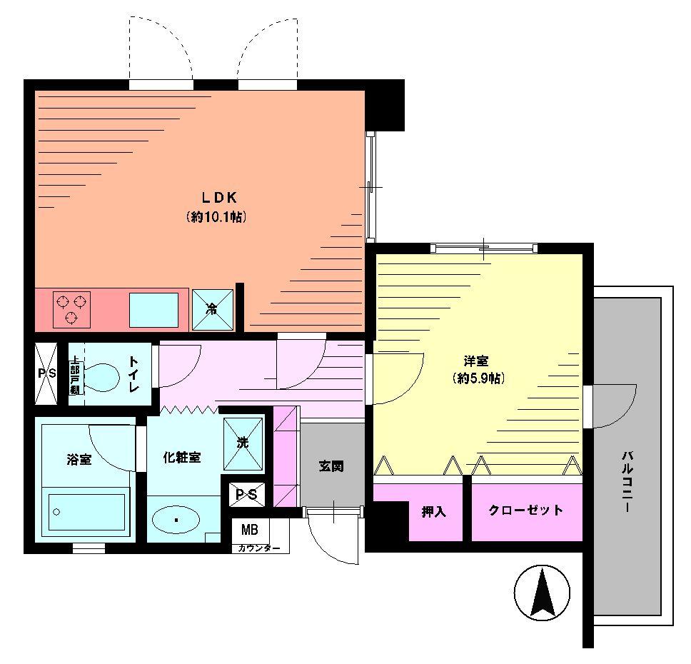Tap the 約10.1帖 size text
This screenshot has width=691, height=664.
tap(216, 217)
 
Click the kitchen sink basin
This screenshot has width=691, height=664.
tap(153, 310)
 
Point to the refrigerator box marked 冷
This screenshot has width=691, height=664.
tap(213, 310)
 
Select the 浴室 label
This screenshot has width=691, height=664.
tap(79, 459)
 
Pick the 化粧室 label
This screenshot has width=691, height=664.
tap(181, 458)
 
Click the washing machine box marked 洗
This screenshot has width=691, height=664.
tap(243, 443)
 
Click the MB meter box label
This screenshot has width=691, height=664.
tap(250, 530)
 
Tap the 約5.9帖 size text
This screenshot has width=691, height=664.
tap(478, 378)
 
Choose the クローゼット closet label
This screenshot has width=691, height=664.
tap(525, 510)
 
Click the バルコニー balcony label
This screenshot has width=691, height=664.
tap(626, 481)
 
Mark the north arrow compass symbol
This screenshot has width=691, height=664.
tap(543, 592)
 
